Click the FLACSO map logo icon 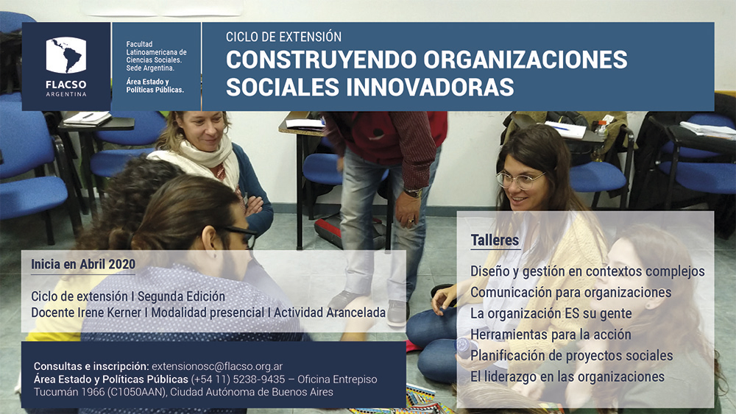[x=66, y=55]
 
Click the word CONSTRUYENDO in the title [x=321, y=60]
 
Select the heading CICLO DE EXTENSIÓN [x=283, y=37]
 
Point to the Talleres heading [x=495, y=240]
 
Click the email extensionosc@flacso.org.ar [x=217, y=366]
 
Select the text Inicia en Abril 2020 [x=83, y=265]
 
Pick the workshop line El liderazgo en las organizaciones [x=567, y=376]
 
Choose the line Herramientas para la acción [x=551, y=335]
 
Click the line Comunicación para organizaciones [x=571, y=292]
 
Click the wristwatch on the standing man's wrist [x=414, y=193]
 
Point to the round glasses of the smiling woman [x=520, y=179]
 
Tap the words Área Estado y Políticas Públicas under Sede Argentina [x=155, y=86]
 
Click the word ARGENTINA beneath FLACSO [x=66, y=94]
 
